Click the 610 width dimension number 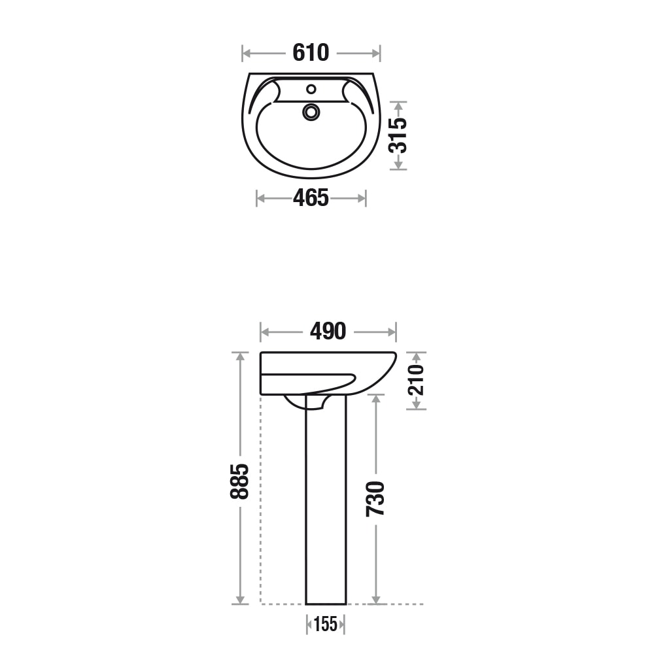(311, 53)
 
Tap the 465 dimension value (311, 198)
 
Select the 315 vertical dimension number (398, 135)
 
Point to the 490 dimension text (328, 332)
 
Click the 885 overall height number (239, 481)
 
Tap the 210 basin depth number (416, 380)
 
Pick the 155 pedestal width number (325, 625)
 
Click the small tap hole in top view (311, 89)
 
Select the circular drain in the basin (311, 112)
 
